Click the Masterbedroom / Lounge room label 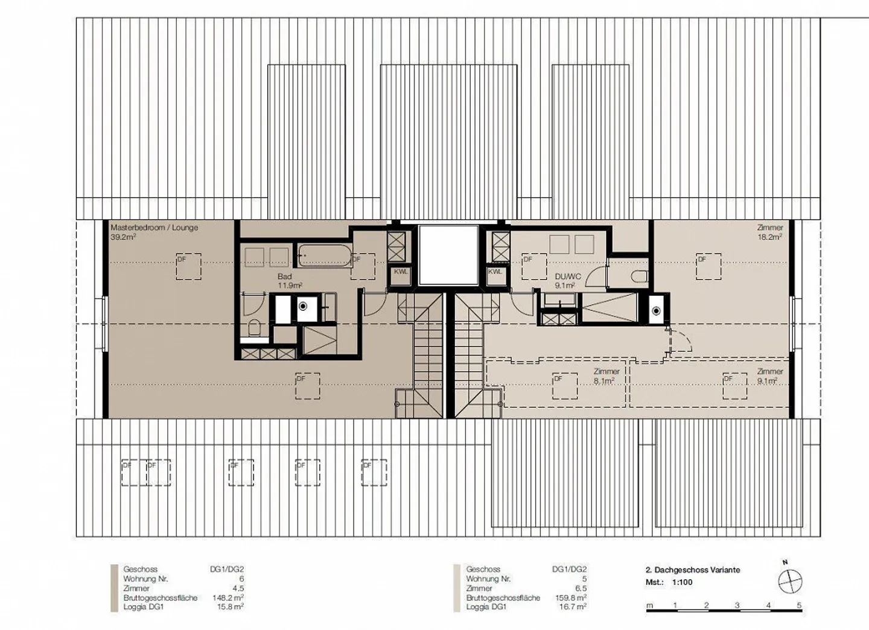tap(154, 228)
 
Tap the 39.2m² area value tap(123, 237)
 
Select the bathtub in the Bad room tap(324, 256)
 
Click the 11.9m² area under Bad tap(290, 285)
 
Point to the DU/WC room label tap(568, 277)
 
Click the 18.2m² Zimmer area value tap(771, 237)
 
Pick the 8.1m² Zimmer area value tap(603, 381)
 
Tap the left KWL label tap(401, 272)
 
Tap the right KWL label tap(495, 272)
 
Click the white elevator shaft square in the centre tap(448, 255)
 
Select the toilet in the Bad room tap(255, 328)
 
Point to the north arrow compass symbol tap(789, 582)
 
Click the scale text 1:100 tap(683, 582)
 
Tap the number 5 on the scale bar tap(799, 605)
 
